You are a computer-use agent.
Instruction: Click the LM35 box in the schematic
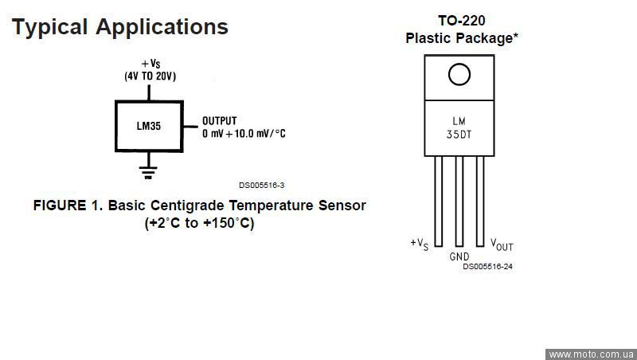pyautogui.click(x=149, y=127)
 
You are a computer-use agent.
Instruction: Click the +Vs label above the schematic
pyautogui.click(x=150, y=64)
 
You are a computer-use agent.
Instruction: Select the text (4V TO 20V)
pyautogui.click(x=150, y=76)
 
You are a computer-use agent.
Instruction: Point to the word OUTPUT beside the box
pyautogui.click(x=219, y=121)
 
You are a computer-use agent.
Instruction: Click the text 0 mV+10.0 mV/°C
pyautogui.click(x=244, y=134)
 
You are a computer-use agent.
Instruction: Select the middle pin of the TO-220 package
pyautogui.click(x=459, y=199)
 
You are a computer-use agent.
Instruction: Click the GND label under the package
pyautogui.click(x=459, y=256)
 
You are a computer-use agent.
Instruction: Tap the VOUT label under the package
pyautogui.click(x=502, y=245)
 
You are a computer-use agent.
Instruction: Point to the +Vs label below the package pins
pyautogui.click(x=420, y=243)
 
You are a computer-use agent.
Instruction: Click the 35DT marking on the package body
pyautogui.click(x=459, y=135)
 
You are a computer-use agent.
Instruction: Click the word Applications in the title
pyautogui.click(x=162, y=26)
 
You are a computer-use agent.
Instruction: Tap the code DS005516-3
pyautogui.click(x=261, y=184)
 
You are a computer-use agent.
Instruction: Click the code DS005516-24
pyautogui.click(x=487, y=267)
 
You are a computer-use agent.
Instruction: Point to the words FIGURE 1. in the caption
pyautogui.click(x=68, y=205)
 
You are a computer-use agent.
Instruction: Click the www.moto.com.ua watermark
pyautogui.click(x=591, y=354)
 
